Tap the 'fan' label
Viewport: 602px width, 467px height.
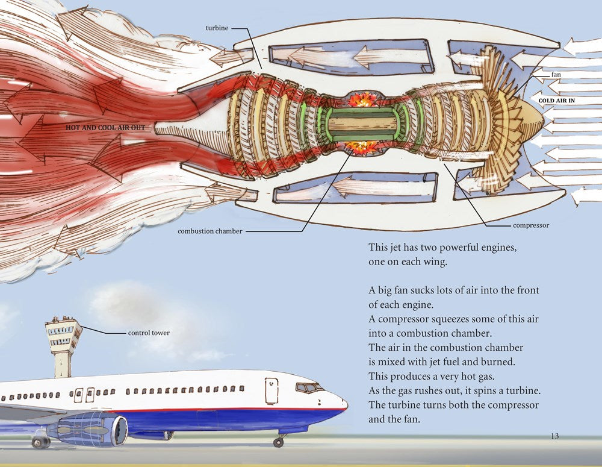coord(556,74)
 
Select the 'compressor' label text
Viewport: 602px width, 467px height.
coord(531,225)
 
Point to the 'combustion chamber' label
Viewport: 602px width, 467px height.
coord(209,231)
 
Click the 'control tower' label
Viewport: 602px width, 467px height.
coord(149,333)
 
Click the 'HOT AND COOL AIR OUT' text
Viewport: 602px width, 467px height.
coord(105,128)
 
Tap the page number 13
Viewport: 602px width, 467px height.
coord(555,436)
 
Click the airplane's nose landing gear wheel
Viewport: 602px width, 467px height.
coord(278,442)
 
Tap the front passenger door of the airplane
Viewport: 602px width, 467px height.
coord(271,390)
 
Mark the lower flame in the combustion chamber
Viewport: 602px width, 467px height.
coord(363,146)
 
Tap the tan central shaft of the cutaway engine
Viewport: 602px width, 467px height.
coord(363,124)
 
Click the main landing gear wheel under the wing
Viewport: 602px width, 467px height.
coord(40,443)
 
